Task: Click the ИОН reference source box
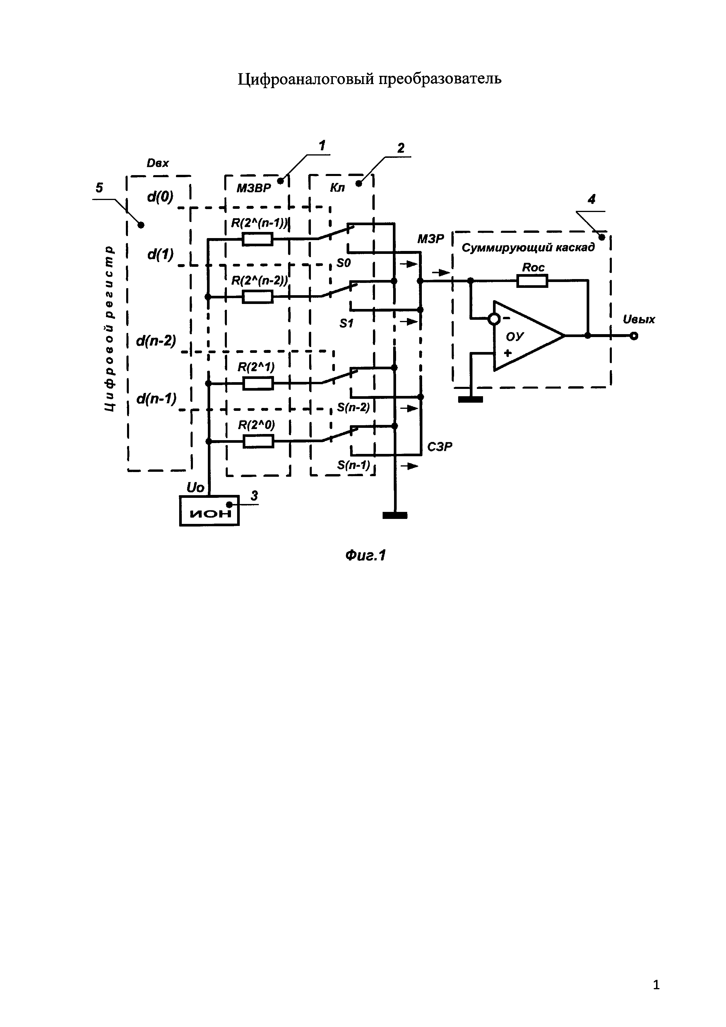[209, 510]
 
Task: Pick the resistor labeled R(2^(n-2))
[258, 297]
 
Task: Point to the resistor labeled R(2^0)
[258, 442]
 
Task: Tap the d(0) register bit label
[160, 196]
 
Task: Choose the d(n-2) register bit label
[156, 341]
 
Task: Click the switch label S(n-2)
[354, 408]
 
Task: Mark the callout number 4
[591, 199]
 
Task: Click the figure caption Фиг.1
[365, 556]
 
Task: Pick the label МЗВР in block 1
[254, 188]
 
